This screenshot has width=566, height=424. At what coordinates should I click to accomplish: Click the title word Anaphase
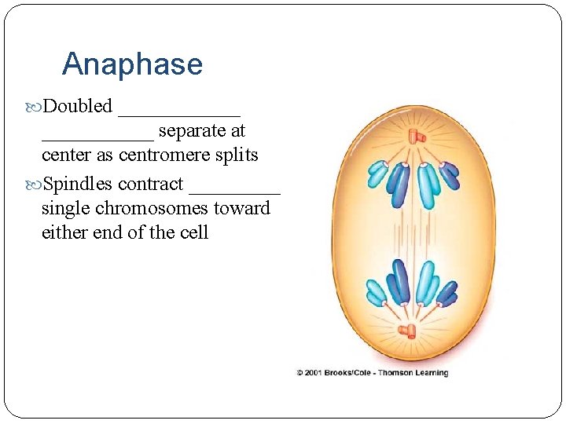click(x=132, y=64)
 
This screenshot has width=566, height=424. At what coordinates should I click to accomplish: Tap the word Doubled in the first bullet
click(x=78, y=106)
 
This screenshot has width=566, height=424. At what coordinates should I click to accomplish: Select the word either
click(x=64, y=233)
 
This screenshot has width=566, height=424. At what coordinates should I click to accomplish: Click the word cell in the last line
click(x=193, y=233)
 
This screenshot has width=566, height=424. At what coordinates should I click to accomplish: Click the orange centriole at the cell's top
click(x=416, y=138)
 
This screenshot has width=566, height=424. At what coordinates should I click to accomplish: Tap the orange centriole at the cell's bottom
click(x=407, y=331)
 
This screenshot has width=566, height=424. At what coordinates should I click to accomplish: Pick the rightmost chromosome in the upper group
click(x=450, y=174)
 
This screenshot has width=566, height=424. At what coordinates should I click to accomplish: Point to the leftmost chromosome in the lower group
click(x=377, y=292)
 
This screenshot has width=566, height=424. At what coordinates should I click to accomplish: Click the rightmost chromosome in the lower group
click(x=447, y=294)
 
